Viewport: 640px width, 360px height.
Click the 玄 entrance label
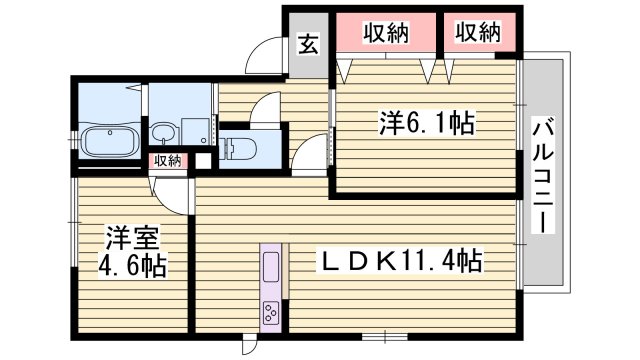309,45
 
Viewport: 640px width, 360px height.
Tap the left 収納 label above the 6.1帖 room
386,32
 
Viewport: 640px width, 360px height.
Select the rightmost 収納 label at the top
477,32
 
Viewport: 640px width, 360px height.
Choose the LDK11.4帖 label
400,262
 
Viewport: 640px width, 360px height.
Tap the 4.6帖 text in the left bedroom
132,267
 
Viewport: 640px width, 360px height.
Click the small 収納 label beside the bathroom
167,161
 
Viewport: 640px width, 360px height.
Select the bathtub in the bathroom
109,139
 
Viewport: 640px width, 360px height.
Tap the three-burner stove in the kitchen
270,312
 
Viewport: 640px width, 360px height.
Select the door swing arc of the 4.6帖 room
174,193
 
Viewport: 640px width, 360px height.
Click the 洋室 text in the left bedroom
132,239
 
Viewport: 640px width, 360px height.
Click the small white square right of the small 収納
204,159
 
